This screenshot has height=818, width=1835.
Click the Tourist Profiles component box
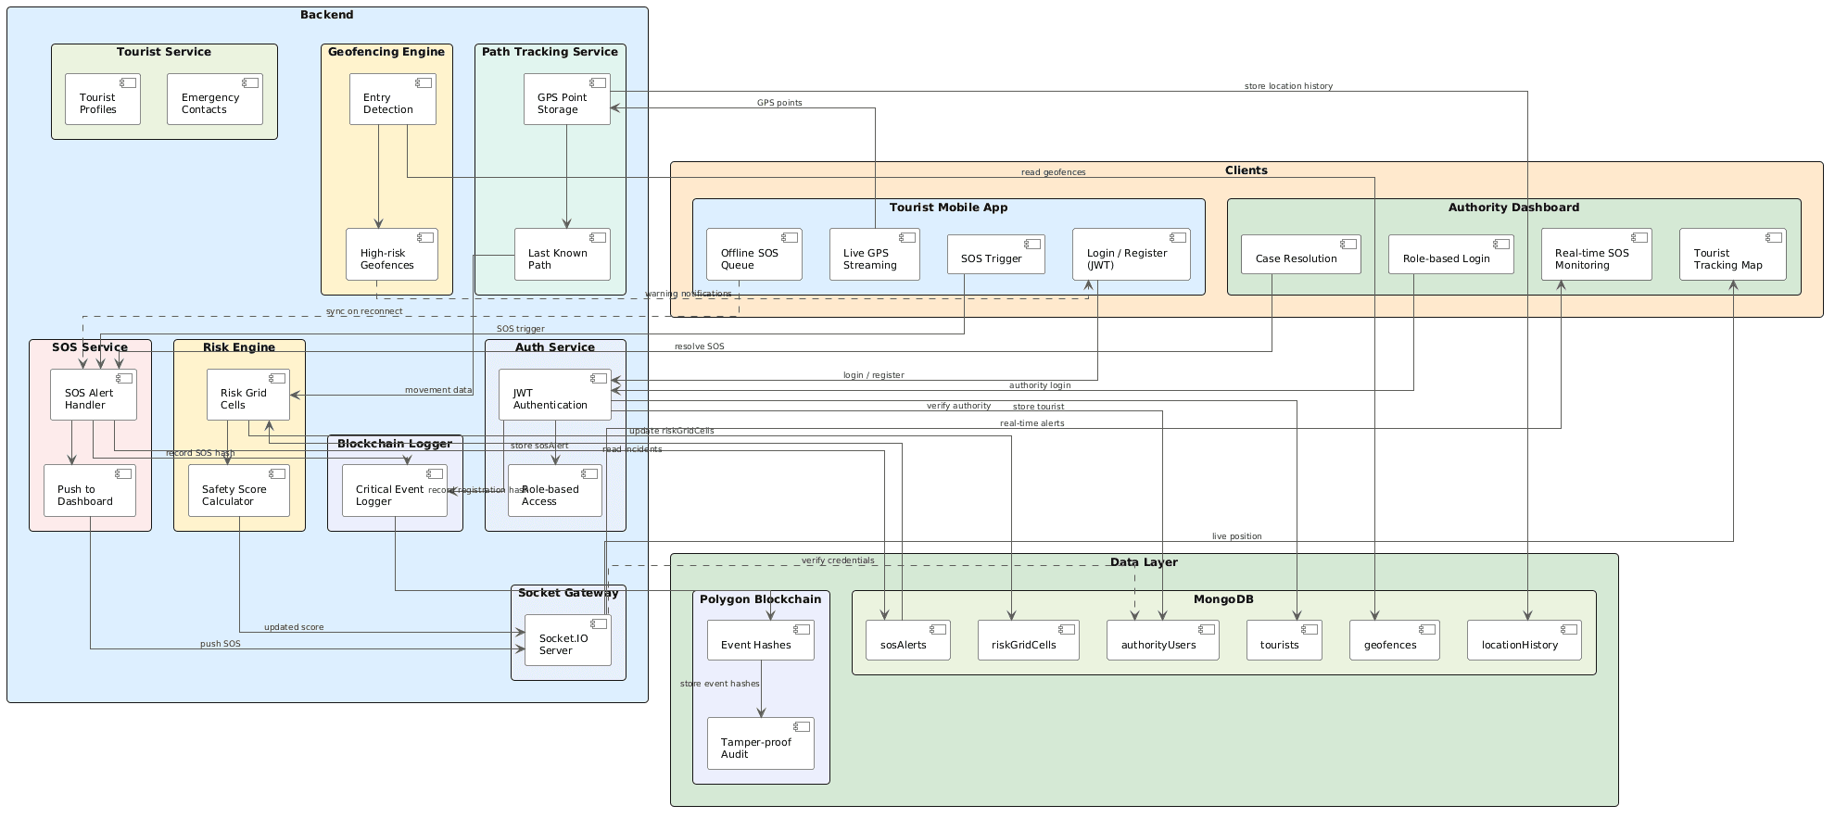tap(103, 99)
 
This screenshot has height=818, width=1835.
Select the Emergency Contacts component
tap(215, 99)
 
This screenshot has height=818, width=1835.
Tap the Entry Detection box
tap(393, 99)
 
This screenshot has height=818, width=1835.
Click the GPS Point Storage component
tap(567, 99)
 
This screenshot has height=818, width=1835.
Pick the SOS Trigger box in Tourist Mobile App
tap(996, 255)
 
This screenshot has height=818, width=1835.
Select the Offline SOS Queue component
tap(754, 255)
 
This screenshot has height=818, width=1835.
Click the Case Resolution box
tap(1301, 255)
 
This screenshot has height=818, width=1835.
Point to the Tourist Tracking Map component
tap(1733, 255)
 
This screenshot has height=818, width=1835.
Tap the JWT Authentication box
tap(555, 395)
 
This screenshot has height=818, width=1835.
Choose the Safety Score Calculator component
tap(239, 491)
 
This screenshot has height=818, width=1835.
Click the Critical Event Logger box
tap(395, 491)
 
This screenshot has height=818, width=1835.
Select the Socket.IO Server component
tap(568, 640)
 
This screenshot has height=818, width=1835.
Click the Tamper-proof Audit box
tap(761, 744)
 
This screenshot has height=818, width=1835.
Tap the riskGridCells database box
tap(1029, 641)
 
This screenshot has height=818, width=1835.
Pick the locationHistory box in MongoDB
tap(1525, 641)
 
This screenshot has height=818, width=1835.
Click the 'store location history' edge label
tap(1288, 86)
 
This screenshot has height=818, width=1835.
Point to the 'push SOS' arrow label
tap(221, 644)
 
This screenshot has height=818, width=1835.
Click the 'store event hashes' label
tap(719, 684)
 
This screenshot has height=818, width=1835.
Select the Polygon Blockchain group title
tap(761, 599)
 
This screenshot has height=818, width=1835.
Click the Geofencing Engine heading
tap(386, 52)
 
